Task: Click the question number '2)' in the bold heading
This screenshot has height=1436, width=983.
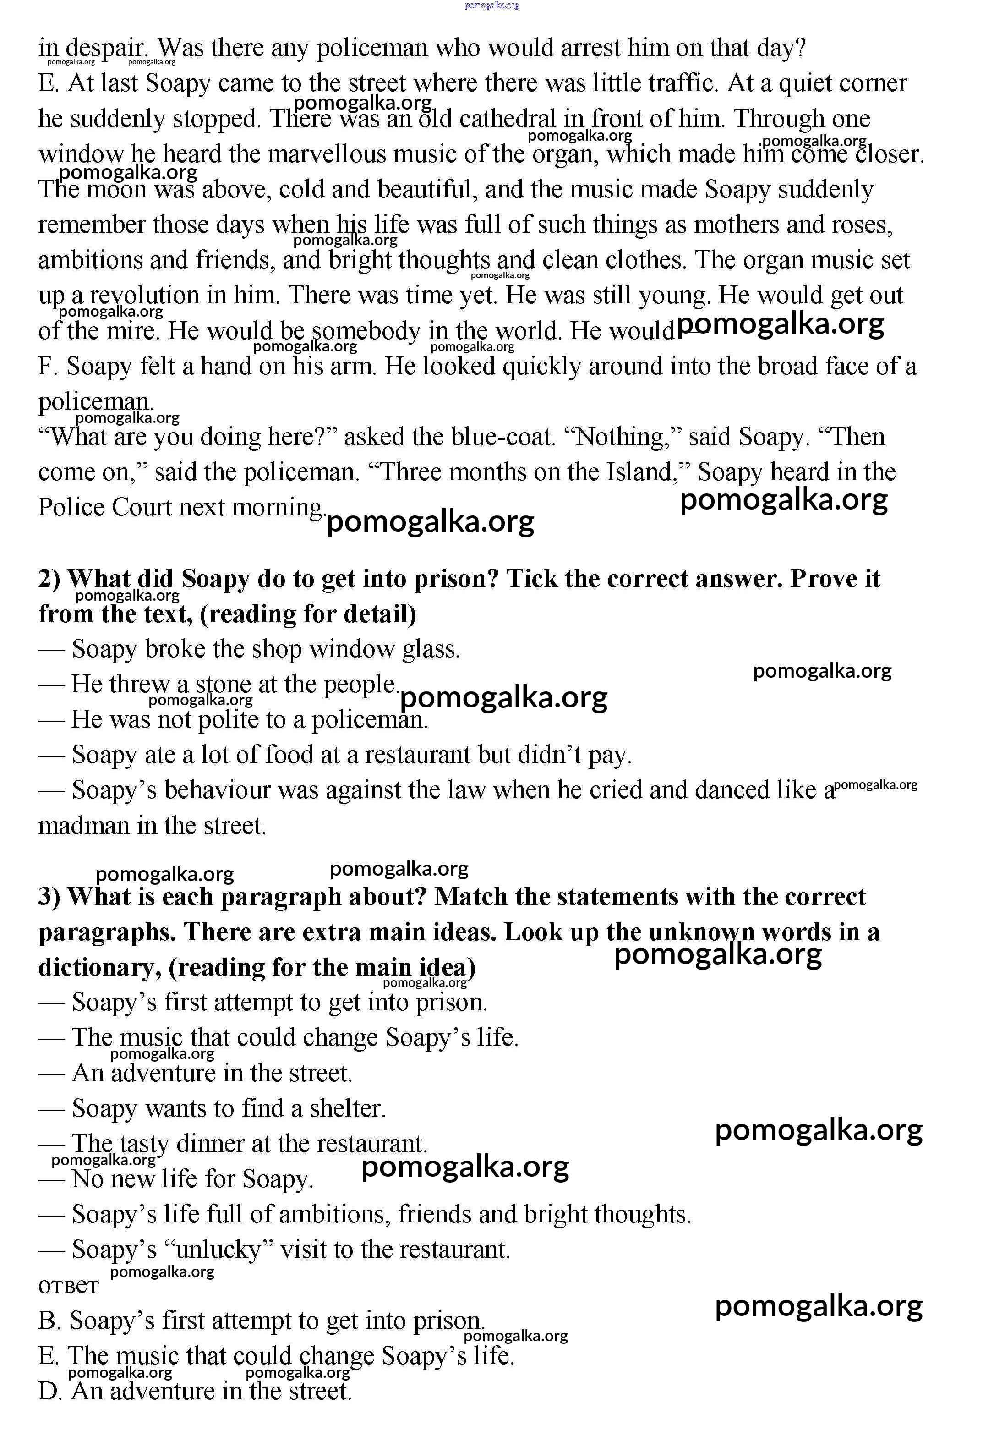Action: (49, 579)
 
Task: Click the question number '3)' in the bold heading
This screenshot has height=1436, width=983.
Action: (49, 897)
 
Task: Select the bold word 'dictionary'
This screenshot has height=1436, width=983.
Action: (99, 967)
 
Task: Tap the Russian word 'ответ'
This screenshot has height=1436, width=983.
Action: (68, 1286)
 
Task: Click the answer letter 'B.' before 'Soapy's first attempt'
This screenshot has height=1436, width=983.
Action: (49, 1321)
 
